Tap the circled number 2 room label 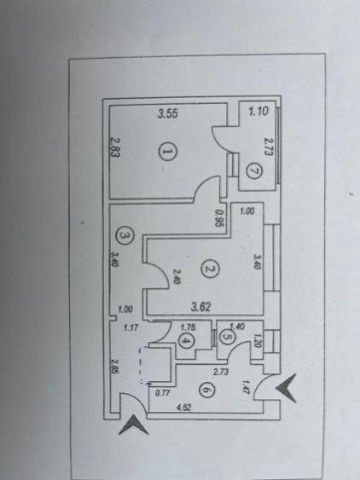click(210, 269)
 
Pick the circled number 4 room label click(185, 341)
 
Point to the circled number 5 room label click(227, 337)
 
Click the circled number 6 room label click(206, 390)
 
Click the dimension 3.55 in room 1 click(167, 114)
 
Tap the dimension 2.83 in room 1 click(115, 147)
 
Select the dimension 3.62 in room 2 click(201, 306)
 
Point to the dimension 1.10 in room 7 click(258, 111)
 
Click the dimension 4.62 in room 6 click(183, 408)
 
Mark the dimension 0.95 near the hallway click(219, 217)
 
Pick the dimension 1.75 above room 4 click(189, 327)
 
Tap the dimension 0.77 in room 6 click(163, 393)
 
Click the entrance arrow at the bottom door click(133, 425)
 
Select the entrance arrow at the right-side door click(286, 388)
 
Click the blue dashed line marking click(142, 365)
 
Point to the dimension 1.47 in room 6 click(246, 387)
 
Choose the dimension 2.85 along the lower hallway click(115, 366)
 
